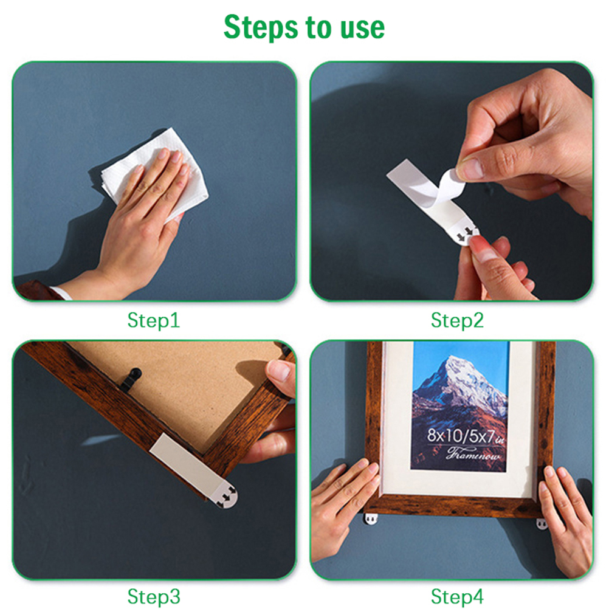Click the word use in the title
(x=362, y=28)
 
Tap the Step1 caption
(x=153, y=320)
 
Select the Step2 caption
(x=457, y=320)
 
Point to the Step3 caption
(x=154, y=596)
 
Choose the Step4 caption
(x=457, y=596)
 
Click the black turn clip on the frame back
(x=130, y=379)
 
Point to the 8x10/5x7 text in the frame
(x=466, y=436)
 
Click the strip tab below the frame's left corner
(x=371, y=518)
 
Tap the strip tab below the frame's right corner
(x=542, y=524)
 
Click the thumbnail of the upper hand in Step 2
(x=471, y=168)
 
